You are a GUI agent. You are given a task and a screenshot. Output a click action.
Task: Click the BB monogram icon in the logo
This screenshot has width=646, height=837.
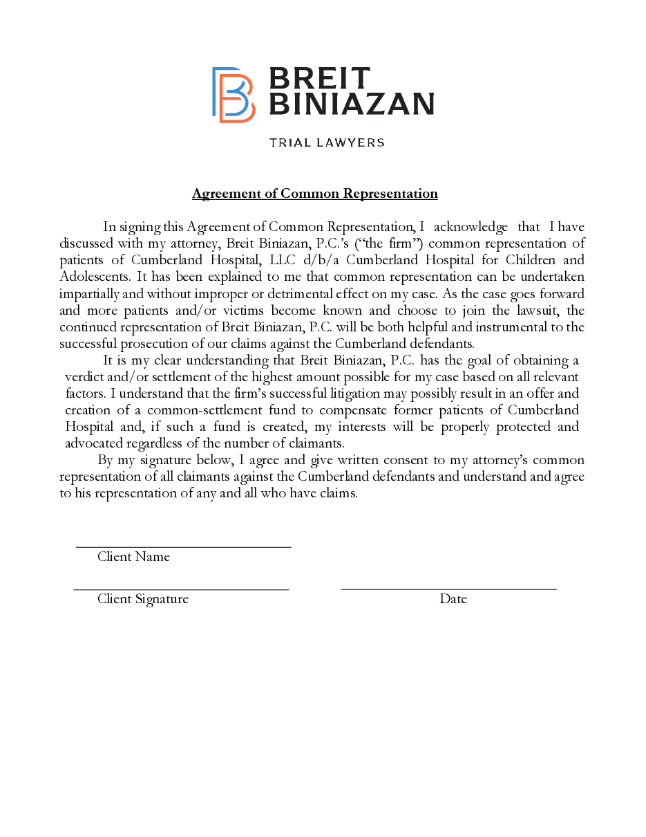coord(233,95)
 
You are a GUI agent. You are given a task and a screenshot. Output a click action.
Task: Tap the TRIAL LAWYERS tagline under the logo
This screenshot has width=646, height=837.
coord(326,142)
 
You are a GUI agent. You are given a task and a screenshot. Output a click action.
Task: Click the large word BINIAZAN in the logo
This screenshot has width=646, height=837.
coord(350,104)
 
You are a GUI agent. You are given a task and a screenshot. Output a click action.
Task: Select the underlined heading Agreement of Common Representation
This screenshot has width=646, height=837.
coord(314,194)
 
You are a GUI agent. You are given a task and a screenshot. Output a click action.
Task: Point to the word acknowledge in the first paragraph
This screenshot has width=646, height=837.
coord(471,227)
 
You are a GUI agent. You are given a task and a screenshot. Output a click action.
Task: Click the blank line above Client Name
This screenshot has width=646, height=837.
coord(183,546)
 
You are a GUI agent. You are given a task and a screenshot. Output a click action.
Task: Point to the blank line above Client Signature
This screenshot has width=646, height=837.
coord(181,589)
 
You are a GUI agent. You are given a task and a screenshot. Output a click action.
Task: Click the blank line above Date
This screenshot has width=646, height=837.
coord(448,589)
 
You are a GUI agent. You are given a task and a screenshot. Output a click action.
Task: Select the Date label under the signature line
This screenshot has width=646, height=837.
coord(453,599)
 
